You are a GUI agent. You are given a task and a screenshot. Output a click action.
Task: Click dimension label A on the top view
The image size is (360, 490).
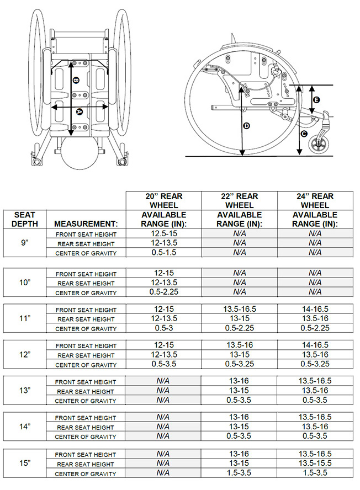80,111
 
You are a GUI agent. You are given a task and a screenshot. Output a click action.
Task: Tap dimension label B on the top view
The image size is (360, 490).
76,81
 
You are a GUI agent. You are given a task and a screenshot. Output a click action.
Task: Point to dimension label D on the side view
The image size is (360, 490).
246,126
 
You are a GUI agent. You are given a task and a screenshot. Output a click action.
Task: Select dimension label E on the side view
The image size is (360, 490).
316,100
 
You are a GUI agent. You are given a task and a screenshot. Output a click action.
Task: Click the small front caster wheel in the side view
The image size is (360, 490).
320,146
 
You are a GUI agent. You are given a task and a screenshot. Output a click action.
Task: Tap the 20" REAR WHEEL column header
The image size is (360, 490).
163,201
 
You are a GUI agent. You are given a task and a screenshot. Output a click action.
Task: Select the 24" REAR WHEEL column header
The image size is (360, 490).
314,201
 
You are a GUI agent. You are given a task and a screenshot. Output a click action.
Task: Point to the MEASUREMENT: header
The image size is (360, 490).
86,224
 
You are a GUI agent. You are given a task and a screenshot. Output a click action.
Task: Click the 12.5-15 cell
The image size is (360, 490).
163,233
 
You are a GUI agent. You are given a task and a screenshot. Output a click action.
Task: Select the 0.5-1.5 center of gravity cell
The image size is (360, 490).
163,253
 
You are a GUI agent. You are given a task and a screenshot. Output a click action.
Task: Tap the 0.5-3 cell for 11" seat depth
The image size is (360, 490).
163,328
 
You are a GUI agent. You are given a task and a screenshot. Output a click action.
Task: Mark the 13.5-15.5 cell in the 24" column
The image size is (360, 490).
314,464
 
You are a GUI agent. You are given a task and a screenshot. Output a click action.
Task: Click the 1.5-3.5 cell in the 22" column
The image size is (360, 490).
239,473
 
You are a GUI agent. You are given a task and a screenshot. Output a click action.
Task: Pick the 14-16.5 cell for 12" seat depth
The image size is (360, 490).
314,345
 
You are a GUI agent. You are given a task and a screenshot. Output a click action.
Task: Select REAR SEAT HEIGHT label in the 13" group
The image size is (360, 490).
86,391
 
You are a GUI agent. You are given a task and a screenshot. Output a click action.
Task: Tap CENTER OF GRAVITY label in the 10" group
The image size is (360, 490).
86,292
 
